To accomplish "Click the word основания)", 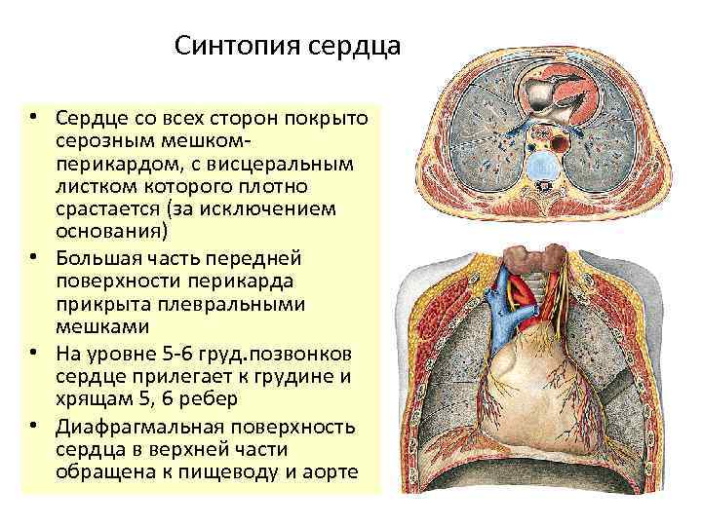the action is tap(112, 232).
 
